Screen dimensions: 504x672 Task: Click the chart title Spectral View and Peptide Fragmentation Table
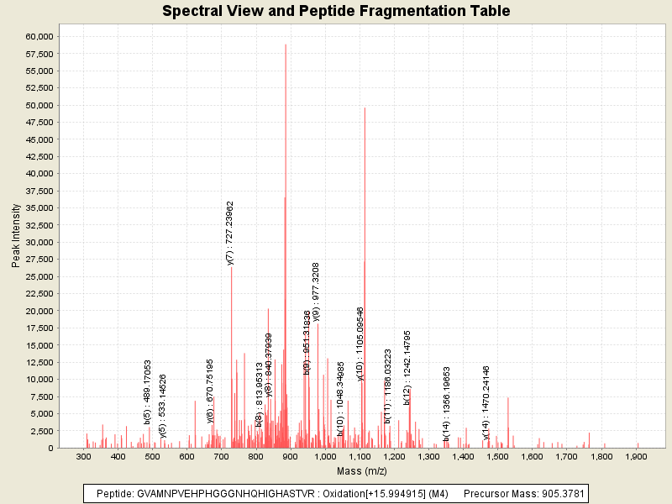pyautogui.click(x=336, y=12)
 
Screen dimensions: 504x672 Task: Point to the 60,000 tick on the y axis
pyautogui.click(x=39, y=36)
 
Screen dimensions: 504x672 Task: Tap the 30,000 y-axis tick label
pyautogui.click(x=39, y=242)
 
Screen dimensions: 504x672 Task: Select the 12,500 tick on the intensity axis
pyautogui.click(x=39, y=362)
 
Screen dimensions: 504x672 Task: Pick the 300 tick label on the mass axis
pyautogui.click(x=84, y=457)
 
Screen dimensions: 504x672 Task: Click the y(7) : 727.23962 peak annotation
pyautogui.click(x=230, y=233)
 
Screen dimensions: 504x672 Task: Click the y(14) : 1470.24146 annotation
pyautogui.click(x=486, y=402)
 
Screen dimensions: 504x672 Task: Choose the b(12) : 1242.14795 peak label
pyautogui.click(x=407, y=368)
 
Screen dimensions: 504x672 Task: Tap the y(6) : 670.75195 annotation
pyautogui.click(x=211, y=391)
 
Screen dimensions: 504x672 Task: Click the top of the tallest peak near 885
pyautogui.click(x=286, y=45)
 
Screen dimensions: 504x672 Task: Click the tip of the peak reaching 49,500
pyautogui.click(x=365, y=108)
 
